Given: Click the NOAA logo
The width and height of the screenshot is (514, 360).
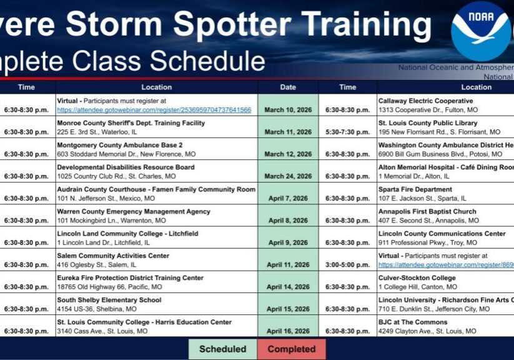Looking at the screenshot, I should click(481, 31).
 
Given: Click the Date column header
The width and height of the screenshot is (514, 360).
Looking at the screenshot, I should click(288, 87).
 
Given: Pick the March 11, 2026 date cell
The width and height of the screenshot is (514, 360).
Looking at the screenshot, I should click(288, 132).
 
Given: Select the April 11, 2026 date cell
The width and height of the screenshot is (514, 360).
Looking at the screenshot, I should click(288, 265).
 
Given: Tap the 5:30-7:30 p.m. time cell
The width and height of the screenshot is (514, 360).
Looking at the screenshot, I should click(348, 132).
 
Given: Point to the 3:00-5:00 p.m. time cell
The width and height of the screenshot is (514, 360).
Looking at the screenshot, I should click(348, 265).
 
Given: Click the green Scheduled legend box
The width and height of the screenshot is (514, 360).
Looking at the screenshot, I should click(222, 349).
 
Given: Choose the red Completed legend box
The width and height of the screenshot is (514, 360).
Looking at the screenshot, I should click(291, 349).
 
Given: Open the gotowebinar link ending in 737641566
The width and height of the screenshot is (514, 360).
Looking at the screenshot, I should click(154, 109).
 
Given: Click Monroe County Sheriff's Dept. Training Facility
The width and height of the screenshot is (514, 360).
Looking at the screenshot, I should click(131, 123).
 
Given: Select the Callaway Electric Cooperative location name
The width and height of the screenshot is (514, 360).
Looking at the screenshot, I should click(425, 101).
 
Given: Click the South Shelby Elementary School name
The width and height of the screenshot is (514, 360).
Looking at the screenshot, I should click(109, 300).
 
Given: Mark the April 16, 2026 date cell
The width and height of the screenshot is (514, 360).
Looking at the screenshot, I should click(288, 331).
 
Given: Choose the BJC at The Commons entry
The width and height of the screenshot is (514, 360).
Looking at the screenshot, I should click(413, 322).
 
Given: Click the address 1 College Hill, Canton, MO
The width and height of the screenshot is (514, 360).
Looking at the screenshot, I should click(417, 287).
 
